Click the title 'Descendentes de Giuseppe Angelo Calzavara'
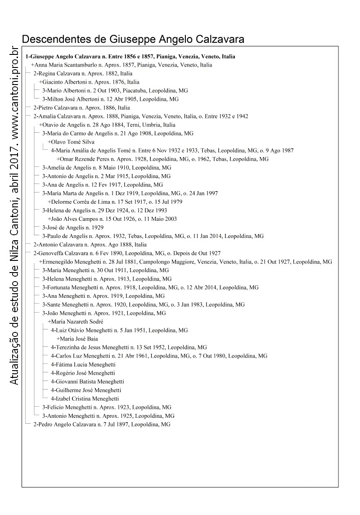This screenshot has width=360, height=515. tap(133, 39)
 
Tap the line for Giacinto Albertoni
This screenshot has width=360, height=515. tap(89, 82)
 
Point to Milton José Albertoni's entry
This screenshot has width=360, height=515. tap(110, 99)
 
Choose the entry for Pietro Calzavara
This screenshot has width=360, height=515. tap(81, 107)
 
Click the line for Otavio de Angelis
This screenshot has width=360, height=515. tap(107, 125)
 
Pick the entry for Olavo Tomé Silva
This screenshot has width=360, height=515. tap(71, 142)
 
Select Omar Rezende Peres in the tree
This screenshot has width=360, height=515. tap(162, 159)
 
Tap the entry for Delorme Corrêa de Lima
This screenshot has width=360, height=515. tap(115, 202)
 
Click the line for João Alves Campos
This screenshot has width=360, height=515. tap(112, 219)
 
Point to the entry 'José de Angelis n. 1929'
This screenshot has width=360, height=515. tap(72, 227)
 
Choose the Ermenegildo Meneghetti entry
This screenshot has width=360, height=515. tap(185, 262)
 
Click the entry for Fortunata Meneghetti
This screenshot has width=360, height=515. tap(150, 287)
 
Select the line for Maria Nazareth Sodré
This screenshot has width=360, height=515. tap(75, 322)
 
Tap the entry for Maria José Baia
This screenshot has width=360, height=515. tap(77, 339)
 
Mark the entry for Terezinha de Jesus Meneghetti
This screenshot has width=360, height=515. tap(129, 347)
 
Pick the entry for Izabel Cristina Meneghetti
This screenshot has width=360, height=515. tap(85, 399)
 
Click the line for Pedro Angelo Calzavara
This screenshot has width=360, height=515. tap(102, 424)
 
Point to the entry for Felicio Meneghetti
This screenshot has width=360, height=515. tap(107, 407)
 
